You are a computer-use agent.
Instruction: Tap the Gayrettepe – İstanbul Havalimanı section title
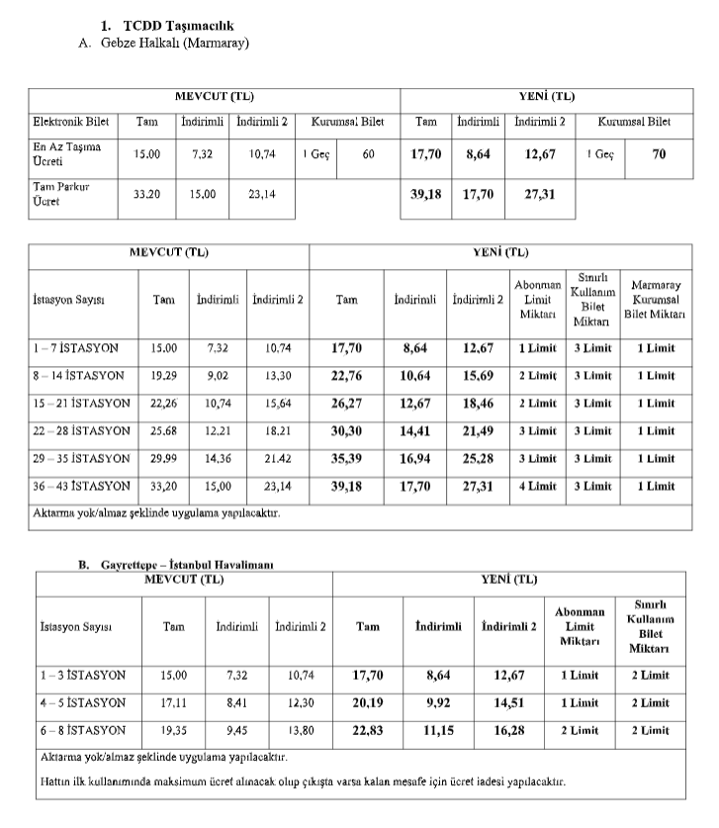pos(187,564)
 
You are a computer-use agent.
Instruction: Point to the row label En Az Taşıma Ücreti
pos(66,153)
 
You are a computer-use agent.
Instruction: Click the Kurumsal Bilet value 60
pos(368,153)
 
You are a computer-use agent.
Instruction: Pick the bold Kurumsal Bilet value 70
pos(660,153)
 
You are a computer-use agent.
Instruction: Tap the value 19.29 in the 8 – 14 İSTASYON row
pos(164,376)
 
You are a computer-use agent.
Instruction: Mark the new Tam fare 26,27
pos(346,404)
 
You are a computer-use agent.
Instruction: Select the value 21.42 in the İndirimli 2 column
pos(280,459)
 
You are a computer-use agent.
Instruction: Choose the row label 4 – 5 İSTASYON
pos(83,703)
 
